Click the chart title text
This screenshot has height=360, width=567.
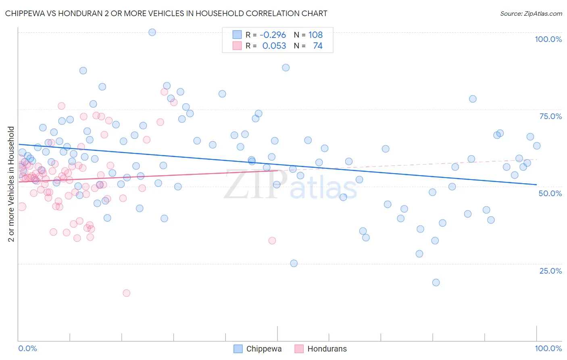pos(166,13)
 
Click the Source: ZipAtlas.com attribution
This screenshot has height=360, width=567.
pos(531,13)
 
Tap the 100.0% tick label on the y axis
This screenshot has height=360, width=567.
pos(548,39)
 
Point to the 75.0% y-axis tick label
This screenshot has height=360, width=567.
pos(550,116)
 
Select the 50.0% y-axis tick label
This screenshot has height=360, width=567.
pos(550,193)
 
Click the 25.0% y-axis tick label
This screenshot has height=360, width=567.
pos(550,271)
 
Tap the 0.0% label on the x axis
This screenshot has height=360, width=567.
pos(27,348)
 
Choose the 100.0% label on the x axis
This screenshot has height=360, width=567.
pos(548,348)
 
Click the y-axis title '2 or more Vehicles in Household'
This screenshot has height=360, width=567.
pos(11,184)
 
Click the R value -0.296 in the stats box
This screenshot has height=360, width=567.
pos(273,35)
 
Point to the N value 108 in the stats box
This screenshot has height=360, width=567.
pos(315,35)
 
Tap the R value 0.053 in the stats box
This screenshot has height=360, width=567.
pos(274,46)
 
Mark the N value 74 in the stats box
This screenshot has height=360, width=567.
pos(318,46)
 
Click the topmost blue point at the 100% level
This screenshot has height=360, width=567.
pos(152,32)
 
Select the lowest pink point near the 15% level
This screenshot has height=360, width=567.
pos(126,293)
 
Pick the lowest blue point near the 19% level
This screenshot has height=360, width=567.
pos(436,283)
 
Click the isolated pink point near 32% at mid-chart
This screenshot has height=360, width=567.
pos(272,241)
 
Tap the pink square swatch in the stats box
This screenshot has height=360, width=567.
pos(237,46)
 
